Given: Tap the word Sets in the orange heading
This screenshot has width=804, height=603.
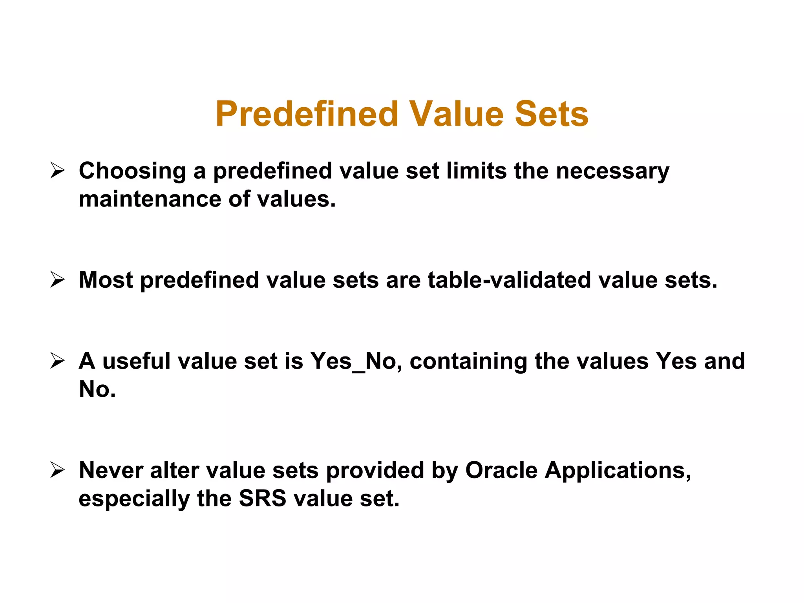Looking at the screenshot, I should pyautogui.click(x=551, y=114).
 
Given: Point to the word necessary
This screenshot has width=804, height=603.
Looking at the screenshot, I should pyautogui.click(x=612, y=172).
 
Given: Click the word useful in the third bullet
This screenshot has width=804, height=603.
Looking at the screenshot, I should pyautogui.click(x=137, y=361).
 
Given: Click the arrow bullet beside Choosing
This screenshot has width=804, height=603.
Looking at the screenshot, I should pyautogui.click(x=57, y=171).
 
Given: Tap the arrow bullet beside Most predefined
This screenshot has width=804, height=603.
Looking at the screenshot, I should pyautogui.click(x=57, y=280).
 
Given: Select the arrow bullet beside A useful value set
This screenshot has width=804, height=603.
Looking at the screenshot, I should pyautogui.click(x=57, y=361).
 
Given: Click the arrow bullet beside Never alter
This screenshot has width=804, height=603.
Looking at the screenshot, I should pyautogui.click(x=57, y=470).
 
